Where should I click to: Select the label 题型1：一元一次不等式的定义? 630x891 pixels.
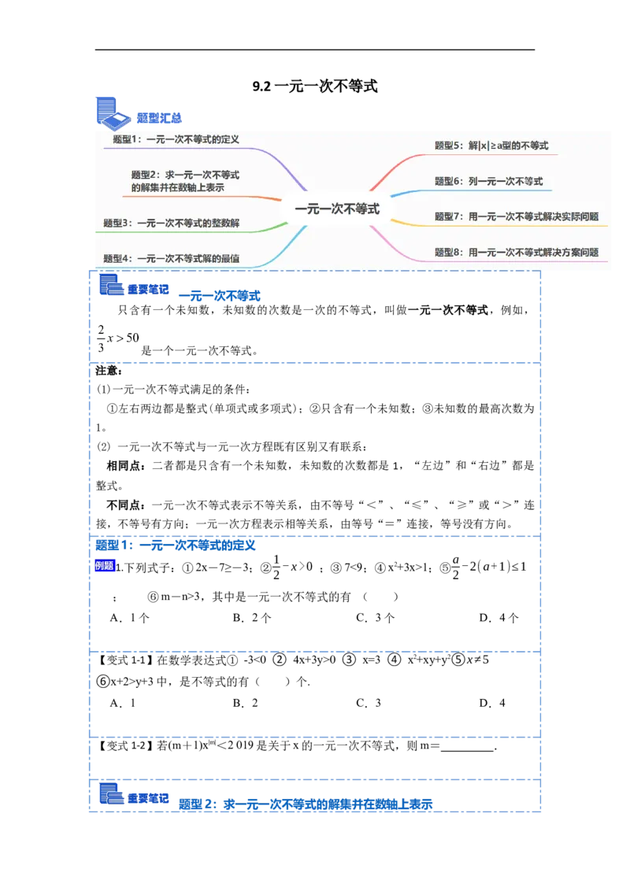coord(176,139)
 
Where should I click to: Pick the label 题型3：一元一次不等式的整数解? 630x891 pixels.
coord(171,224)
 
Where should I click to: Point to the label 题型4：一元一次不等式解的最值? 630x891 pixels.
coord(171,258)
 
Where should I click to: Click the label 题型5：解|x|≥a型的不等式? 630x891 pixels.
coord(491,146)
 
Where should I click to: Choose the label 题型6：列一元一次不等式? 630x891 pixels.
coord(488,181)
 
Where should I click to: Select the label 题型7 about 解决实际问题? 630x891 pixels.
coord(517,216)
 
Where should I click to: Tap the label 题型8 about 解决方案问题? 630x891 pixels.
coord(517,253)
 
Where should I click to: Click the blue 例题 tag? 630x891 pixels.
coord(105,565)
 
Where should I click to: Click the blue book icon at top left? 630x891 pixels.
coord(111,112)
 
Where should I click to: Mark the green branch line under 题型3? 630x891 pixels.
coord(260,229)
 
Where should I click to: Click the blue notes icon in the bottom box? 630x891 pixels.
coord(111,793)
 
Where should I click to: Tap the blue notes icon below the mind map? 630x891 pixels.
coord(111,284)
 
